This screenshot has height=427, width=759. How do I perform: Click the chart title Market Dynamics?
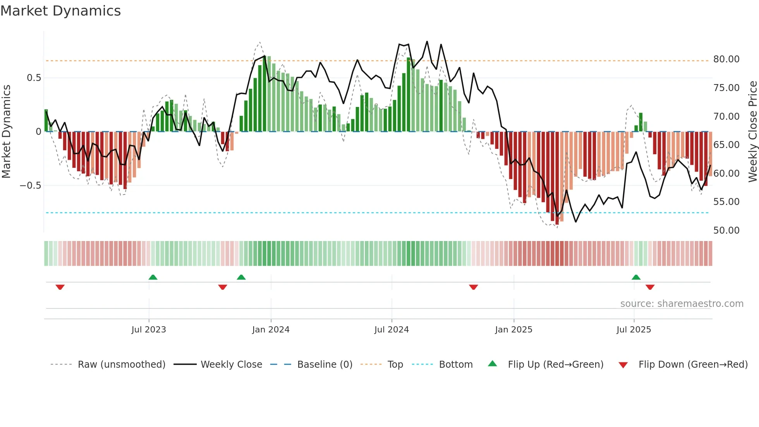tap(61, 11)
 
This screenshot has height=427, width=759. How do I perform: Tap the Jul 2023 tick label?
tap(149, 330)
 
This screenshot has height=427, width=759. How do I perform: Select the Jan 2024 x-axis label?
tap(271, 330)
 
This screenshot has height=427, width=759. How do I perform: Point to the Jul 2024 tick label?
tap(392, 330)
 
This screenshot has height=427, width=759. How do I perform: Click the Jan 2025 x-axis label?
tap(513, 330)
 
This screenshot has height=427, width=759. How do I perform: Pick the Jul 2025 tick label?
tap(634, 330)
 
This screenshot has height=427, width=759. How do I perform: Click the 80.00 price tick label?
tap(726, 59)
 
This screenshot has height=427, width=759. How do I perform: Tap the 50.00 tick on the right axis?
tap(726, 231)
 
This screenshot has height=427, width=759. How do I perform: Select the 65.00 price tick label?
tap(726, 145)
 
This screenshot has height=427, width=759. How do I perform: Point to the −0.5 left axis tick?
tap(30, 186)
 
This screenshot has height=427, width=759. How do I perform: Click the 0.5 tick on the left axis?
tap(34, 78)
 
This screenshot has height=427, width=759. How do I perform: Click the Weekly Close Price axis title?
tap(752, 131)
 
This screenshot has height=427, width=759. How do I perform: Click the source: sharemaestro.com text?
tap(682, 304)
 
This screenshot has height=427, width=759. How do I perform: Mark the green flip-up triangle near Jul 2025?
tap(636, 277)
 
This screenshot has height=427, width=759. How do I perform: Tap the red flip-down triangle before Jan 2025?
tap(473, 287)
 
